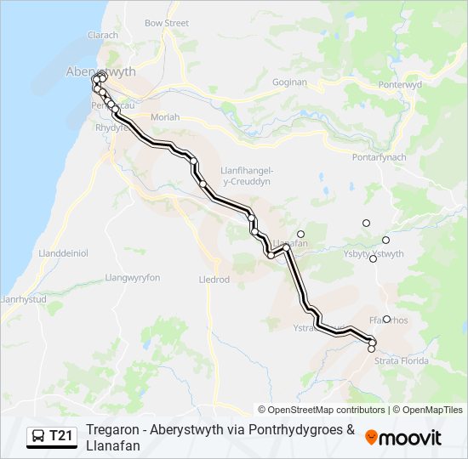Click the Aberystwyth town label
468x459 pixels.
click(x=100, y=71)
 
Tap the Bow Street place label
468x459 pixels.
click(x=167, y=23)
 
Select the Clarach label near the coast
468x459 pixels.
click(x=103, y=35)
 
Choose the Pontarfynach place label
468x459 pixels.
click(x=380, y=157)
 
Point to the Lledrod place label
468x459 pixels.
click(x=214, y=279)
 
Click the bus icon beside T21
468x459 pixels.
click(x=38, y=437)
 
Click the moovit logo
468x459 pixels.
click(x=403, y=437)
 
